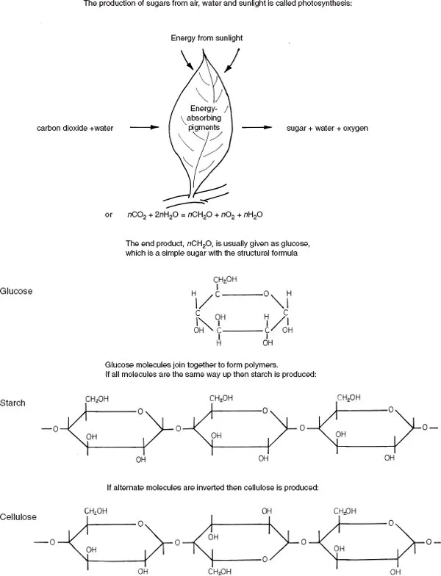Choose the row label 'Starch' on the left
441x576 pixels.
(x=14, y=405)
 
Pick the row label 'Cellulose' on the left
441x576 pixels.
(x=18, y=517)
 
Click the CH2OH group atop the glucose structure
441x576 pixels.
(x=226, y=280)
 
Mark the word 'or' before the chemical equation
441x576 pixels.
(x=109, y=215)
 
